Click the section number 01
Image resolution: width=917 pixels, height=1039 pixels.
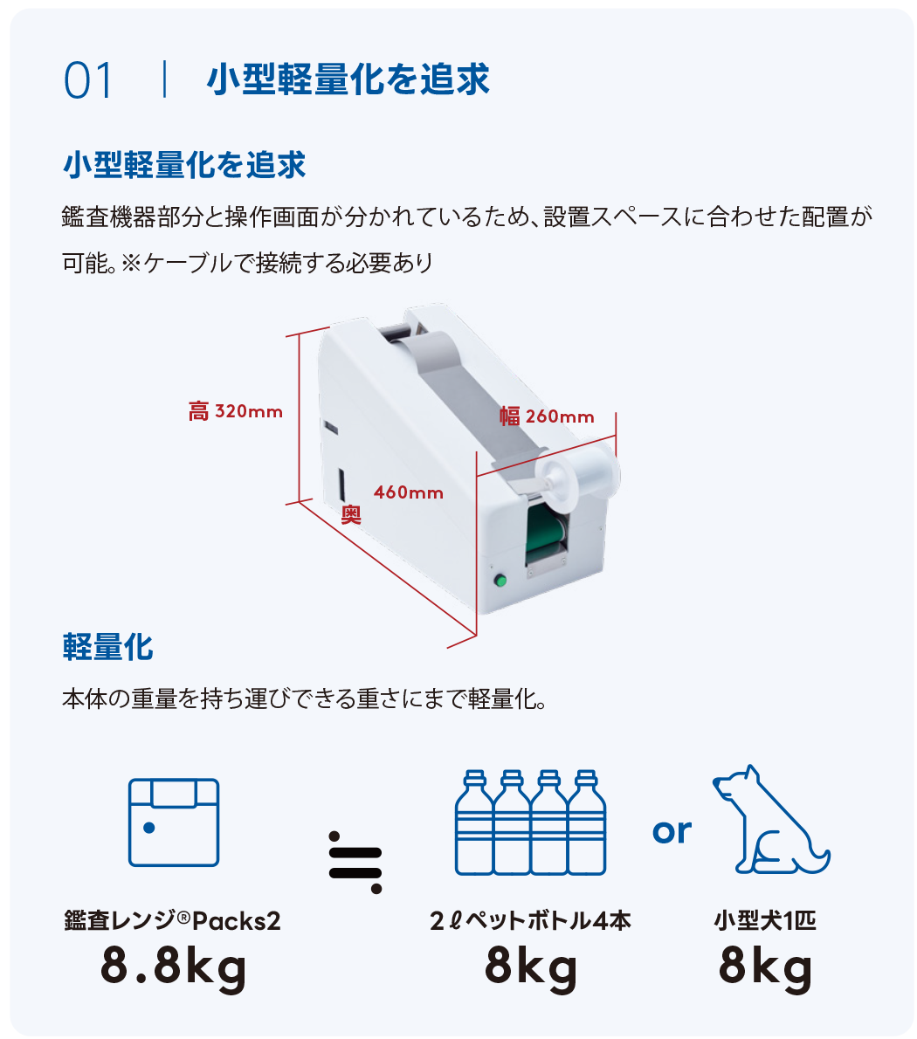[88, 81]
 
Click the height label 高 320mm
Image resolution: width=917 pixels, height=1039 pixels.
[236, 410]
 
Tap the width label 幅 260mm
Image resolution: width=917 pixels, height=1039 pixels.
[547, 416]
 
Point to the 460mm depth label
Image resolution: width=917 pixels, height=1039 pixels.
[409, 493]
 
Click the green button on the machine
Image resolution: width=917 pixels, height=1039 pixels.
[501, 580]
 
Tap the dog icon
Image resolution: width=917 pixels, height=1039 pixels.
[769, 820]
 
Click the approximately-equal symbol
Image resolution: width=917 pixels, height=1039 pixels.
[356, 861]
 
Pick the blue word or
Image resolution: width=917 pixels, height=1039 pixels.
[672, 830]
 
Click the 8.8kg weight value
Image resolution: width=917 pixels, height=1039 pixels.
[174, 967]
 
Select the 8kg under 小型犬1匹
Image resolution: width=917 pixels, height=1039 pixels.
[765, 967]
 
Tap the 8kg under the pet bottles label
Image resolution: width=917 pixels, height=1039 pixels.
[531, 967]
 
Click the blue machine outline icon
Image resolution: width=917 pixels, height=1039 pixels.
[174, 822]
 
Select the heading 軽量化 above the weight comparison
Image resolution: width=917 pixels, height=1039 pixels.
[108, 647]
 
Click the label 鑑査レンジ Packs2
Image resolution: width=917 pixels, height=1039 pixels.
[173, 920]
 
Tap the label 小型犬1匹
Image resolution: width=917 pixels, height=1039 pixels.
[765, 920]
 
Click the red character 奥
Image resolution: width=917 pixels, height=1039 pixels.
[351, 515]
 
